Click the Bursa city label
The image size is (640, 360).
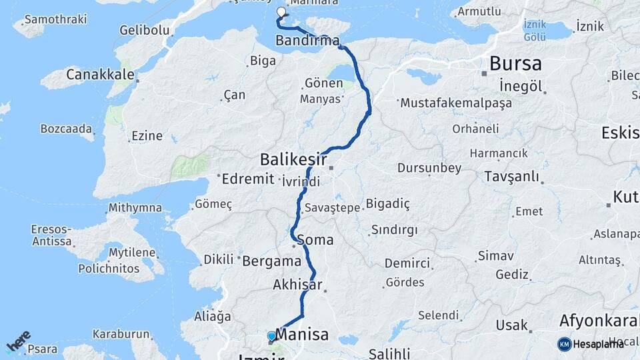(x=515, y=64)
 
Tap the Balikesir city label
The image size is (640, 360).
(x=293, y=159)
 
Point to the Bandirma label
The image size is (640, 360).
(x=307, y=41)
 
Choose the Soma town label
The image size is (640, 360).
(x=315, y=239)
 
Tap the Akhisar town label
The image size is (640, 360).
(x=297, y=285)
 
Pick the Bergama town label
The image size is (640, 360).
(x=272, y=261)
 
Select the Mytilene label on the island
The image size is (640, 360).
(x=133, y=253)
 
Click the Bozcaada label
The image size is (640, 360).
(x=65, y=128)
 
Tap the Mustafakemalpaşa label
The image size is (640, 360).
(x=455, y=103)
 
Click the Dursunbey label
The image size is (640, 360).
(x=429, y=168)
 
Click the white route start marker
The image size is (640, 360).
(x=281, y=12)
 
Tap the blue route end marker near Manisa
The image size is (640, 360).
(x=271, y=336)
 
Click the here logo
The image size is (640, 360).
(x=19, y=341)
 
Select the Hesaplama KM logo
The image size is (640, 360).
(x=591, y=344)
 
